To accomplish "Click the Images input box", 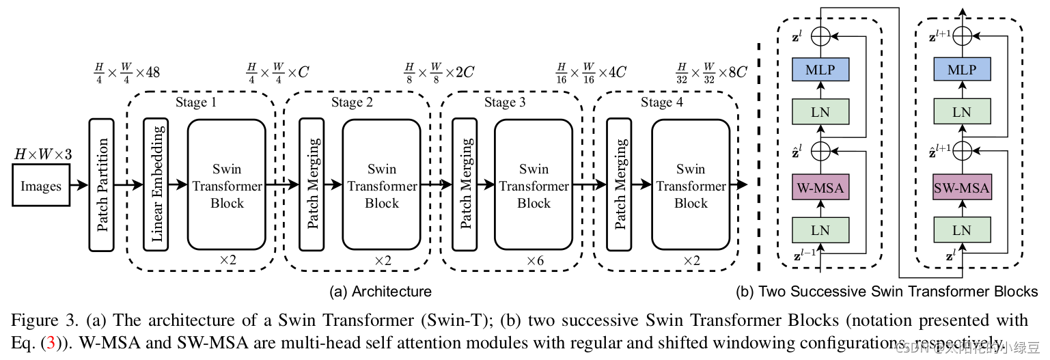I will click(41, 186).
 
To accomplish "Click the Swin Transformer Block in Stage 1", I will click(226, 184).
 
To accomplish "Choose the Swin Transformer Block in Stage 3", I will click(534, 184).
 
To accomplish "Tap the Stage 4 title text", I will click(661, 102).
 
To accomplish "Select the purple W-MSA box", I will click(820, 187).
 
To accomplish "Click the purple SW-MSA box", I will click(961, 187).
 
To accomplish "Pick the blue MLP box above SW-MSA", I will click(961, 70).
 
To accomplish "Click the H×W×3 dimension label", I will click(42, 155).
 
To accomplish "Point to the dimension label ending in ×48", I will click(128, 71).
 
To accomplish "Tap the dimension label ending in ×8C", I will click(711, 71).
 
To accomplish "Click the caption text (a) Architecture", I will click(381, 292).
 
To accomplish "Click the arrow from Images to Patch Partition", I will click(79, 185).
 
